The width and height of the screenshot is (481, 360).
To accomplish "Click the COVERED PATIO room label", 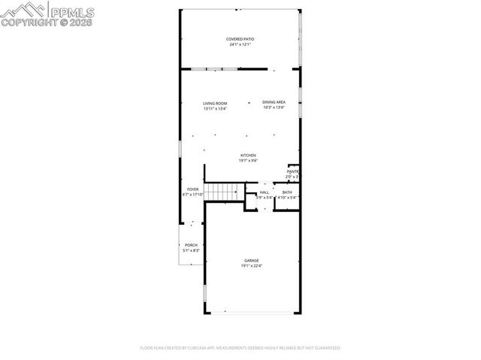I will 240,39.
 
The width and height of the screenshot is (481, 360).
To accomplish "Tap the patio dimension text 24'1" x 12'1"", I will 240,45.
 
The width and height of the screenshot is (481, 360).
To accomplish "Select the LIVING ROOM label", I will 215,103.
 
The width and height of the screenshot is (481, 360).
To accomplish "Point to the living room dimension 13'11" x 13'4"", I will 215,109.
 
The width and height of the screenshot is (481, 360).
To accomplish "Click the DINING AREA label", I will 274,102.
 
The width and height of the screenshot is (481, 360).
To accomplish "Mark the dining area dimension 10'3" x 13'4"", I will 274,107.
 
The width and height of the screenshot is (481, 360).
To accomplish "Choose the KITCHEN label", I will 248,156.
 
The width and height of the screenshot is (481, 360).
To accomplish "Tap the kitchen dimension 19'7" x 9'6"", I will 248,161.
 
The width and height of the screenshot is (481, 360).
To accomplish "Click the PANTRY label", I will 293,171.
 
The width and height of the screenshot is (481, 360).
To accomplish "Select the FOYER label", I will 193,189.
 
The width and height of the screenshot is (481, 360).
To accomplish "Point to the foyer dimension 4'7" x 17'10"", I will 193,195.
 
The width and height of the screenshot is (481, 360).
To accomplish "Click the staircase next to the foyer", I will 222,192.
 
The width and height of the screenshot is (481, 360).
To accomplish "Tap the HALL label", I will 264,192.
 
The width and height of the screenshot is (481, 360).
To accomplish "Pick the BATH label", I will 287,192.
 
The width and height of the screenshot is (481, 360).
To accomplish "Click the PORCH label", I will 191,245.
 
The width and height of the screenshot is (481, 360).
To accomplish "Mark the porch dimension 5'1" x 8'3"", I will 191,251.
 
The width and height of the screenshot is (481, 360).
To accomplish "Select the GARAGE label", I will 251,260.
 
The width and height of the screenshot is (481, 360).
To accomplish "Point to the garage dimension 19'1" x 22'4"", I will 251,266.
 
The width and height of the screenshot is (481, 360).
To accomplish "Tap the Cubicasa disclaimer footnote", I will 240,348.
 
